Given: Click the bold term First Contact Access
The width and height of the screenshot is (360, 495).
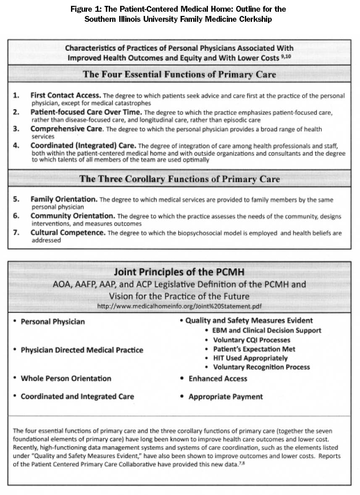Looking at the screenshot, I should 66,95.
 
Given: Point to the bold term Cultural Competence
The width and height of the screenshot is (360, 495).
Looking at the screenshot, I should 67,232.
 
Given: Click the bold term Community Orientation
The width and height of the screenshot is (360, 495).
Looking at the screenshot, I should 73,216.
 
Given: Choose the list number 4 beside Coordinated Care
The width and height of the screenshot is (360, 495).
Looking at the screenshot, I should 16,146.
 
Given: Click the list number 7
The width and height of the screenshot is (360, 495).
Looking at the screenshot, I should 16,232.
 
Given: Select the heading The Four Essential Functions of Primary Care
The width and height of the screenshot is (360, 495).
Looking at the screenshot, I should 179,75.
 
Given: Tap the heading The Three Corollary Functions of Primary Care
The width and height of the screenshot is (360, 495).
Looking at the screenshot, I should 179,179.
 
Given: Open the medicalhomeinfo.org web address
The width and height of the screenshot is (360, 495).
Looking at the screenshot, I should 179,306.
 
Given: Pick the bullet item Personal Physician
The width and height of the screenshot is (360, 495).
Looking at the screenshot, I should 53,322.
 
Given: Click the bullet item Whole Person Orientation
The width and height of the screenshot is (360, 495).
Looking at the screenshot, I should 66,378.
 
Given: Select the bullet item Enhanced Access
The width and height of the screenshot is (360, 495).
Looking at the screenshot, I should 218,378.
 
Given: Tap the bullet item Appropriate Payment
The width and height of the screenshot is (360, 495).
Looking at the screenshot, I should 226,396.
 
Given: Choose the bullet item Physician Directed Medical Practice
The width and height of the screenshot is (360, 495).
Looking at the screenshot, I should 82,350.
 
